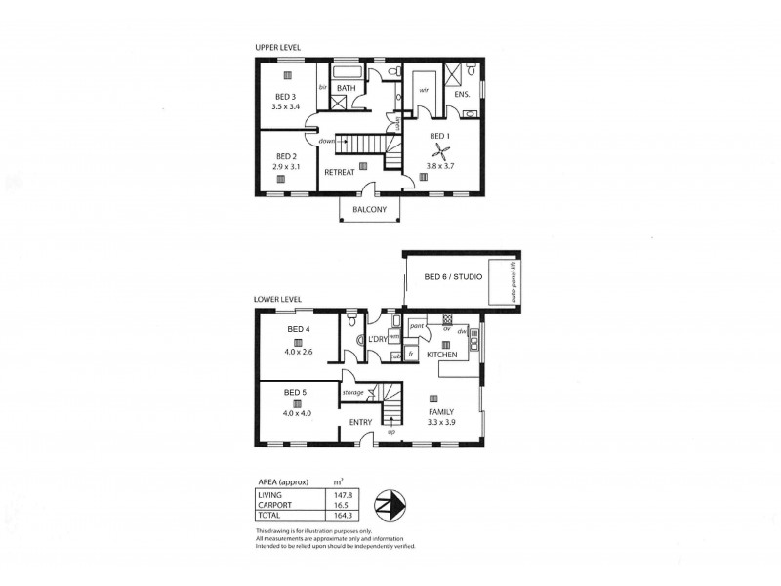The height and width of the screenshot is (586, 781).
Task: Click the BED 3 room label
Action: coord(284,95)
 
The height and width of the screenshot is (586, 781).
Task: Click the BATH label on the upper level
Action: coord(345,89)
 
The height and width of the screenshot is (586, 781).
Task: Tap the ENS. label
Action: coord(463,95)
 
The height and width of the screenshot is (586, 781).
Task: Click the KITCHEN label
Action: coord(442,355)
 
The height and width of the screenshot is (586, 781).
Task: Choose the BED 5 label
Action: coord(296,392)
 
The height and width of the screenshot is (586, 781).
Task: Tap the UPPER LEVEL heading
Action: coord(276,47)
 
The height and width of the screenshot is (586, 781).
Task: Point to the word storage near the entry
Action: coord(352,393)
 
